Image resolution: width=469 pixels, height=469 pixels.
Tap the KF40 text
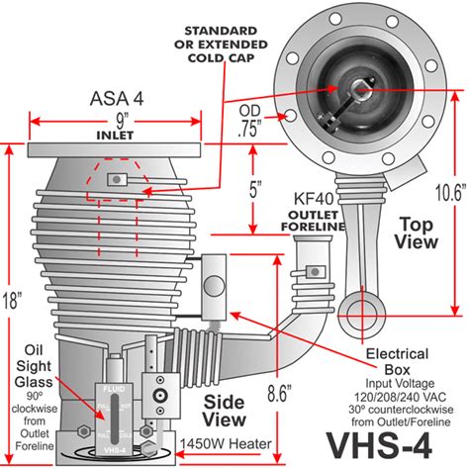pyautogui.click(x=312, y=213)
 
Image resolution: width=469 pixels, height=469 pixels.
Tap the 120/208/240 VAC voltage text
pyautogui.click(x=406, y=394)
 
